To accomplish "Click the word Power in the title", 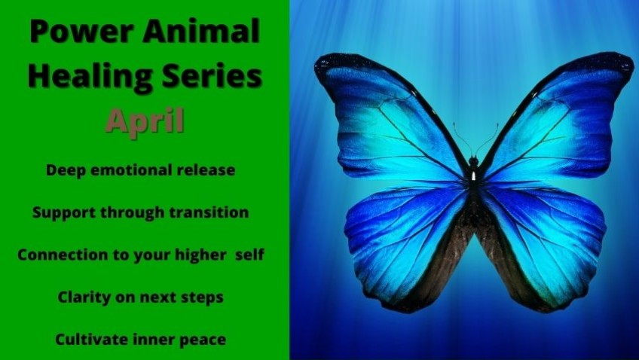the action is click(81, 32).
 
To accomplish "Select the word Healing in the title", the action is click(90, 77).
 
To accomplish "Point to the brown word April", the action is click(145, 121).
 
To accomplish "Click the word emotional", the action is click(131, 169).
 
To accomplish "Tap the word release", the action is click(206, 169).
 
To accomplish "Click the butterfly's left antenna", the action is click(462, 138).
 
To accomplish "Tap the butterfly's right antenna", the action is click(487, 139).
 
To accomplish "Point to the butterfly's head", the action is click(473, 162).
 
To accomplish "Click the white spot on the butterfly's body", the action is click(473, 176).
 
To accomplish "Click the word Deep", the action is click(66, 170).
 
